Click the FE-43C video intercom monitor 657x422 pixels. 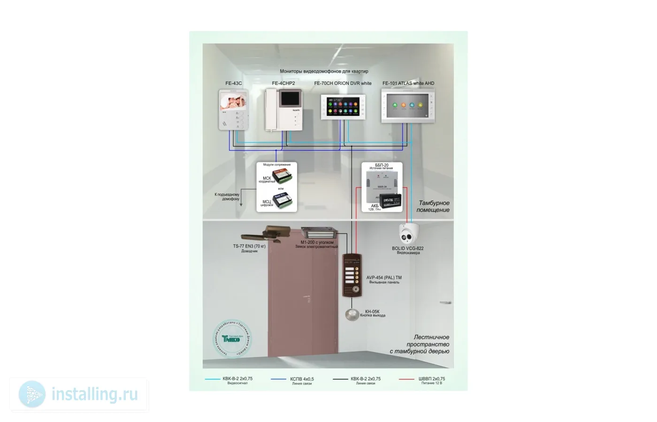coord(233,110)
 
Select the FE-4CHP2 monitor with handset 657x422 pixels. coord(283,110)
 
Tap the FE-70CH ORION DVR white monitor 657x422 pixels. coord(343,107)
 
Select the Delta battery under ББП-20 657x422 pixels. coord(390,201)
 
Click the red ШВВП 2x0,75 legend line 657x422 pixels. coord(406,379)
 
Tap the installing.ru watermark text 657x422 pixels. coord(94,394)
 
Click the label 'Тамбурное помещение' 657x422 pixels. coord(434,206)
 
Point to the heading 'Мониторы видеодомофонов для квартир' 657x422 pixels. coord(324,71)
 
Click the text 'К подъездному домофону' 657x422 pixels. coord(227,196)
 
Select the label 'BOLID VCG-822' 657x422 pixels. coord(407,249)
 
